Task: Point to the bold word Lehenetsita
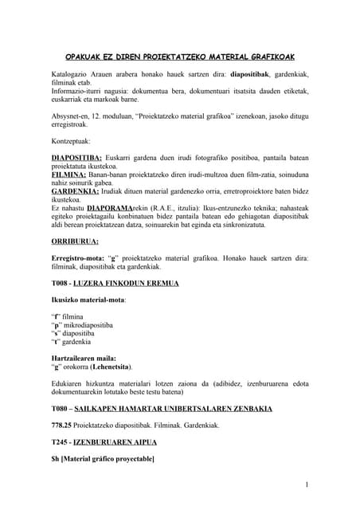pos(111,367)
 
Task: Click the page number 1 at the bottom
pos(307,484)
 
